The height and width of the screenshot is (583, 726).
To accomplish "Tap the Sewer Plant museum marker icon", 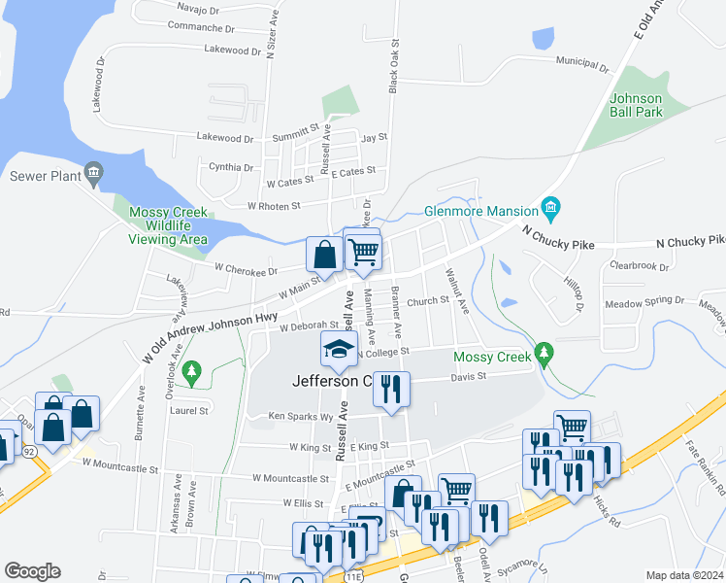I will [x=93, y=175].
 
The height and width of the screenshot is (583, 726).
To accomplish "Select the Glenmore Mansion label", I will [x=481, y=211].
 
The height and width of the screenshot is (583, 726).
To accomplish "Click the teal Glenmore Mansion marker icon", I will [x=550, y=207].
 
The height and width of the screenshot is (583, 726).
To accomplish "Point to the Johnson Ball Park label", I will [x=636, y=105].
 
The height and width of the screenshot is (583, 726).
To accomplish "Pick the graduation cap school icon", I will [x=340, y=350].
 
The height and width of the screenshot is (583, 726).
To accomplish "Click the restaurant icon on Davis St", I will [x=391, y=389].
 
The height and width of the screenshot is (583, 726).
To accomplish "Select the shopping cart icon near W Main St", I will [x=363, y=251].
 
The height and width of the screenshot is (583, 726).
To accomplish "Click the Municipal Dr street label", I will [x=581, y=63].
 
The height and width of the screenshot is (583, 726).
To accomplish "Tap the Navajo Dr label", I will [x=200, y=7].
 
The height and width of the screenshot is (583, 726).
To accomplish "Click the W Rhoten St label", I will [x=274, y=206].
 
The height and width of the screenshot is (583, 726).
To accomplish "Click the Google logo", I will [x=33, y=571].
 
